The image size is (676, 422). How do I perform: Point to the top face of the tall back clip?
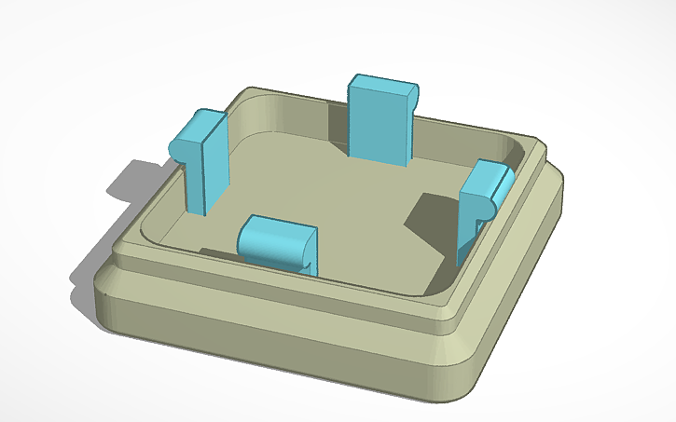[x=384, y=85]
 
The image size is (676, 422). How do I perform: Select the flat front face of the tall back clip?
[x=378, y=130]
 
